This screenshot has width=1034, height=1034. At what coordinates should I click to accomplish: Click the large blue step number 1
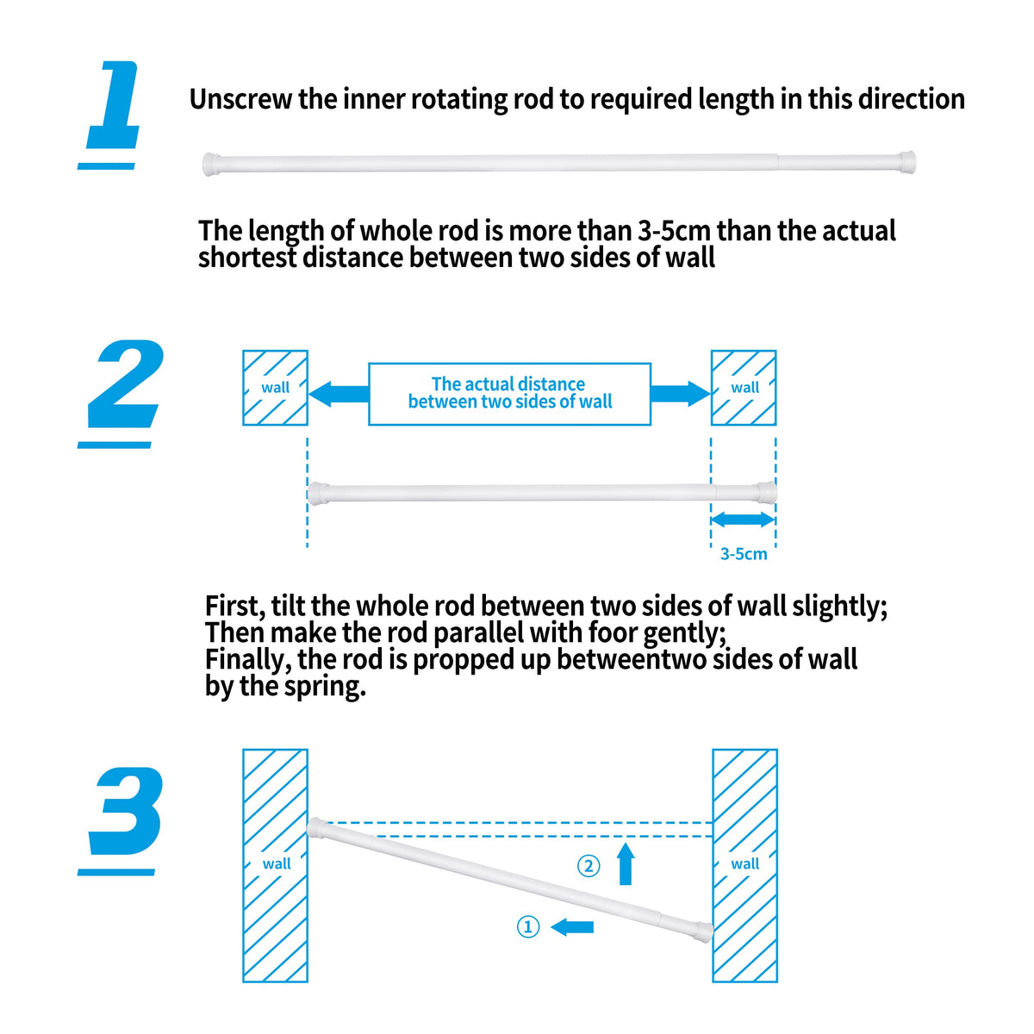(x=112, y=108)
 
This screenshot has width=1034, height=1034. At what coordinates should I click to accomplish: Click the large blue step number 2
(x=125, y=385)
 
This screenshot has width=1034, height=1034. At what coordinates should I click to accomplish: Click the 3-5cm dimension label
(x=744, y=554)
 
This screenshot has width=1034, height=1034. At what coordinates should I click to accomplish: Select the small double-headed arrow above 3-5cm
(x=743, y=520)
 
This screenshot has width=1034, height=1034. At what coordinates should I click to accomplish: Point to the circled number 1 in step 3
(x=528, y=927)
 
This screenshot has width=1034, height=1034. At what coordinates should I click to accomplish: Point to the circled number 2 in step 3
(x=589, y=865)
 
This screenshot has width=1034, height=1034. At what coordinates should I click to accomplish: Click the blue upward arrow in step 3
(x=626, y=864)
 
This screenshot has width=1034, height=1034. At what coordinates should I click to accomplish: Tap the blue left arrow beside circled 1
(x=572, y=927)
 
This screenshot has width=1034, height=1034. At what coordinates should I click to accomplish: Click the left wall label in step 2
(x=276, y=388)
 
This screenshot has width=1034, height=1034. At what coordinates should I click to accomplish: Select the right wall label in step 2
(x=744, y=388)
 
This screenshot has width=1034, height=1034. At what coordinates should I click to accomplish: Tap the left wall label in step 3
(x=277, y=863)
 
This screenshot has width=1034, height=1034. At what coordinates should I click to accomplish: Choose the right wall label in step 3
(x=745, y=863)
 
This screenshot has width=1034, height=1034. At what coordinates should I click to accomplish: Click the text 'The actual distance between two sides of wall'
(x=509, y=393)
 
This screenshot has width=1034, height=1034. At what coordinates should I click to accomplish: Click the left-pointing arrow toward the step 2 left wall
(x=339, y=395)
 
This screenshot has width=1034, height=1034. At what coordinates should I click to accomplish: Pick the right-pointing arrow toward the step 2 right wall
(x=680, y=394)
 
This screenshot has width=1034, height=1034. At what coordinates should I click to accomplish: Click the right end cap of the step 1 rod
(x=906, y=161)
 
